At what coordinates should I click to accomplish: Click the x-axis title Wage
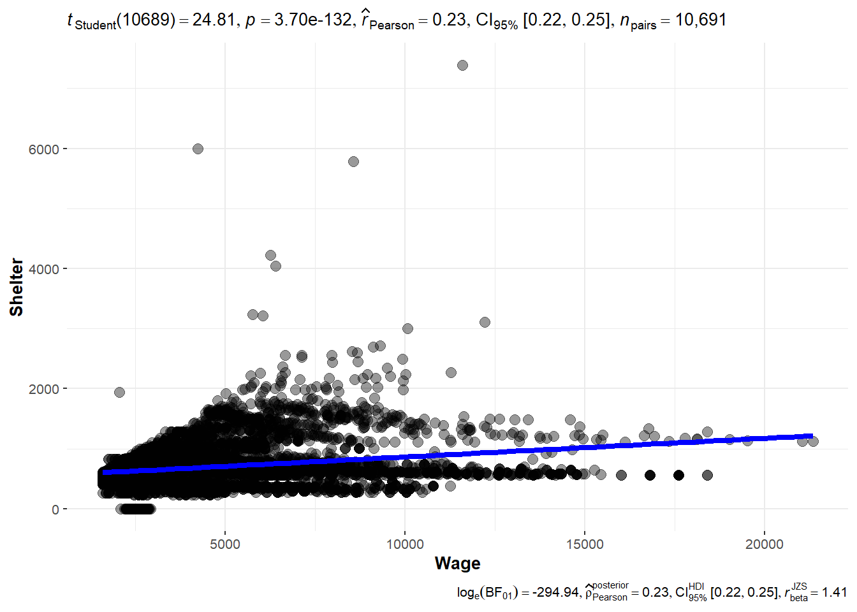pyautogui.click(x=457, y=564)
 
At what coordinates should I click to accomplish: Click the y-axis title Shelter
pyautogui.click(x=17, y=287)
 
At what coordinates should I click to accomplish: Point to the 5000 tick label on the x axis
pyautogui.click(x=225, y=544)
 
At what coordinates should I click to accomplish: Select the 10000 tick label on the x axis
pyautogui.click(x=405, y=544)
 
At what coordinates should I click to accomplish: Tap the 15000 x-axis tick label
pyautogui.click(x=585, y=544)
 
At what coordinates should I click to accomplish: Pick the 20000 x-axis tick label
pyautogui.click(x=765, y=544)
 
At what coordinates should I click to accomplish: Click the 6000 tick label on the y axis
pyautogui.click(x=44, y=149)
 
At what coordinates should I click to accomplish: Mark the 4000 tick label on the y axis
pyautogui.click(x=44, y=269)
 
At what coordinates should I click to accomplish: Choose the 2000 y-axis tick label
pyautogui.click(x=44, y=389)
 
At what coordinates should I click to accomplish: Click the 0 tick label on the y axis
pyautogui.click(x=55, y=509)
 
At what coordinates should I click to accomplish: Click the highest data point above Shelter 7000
pyautogui.click(x=462, y=65)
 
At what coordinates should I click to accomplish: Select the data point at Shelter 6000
pyautogui.click(x=198, y=149)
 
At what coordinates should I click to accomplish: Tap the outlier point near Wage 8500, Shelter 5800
pyautogui.click(x=353, y=161)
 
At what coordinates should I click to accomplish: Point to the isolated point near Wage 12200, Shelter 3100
pyautogui.click(x=485, y=322)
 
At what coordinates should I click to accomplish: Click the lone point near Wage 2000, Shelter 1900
pyautogui.click(x=119, y=392)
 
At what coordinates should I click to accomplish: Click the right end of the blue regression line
pyautogui.click(x=811, y=436)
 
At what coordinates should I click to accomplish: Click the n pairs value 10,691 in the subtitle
pyautogui.click(x=701, y=20)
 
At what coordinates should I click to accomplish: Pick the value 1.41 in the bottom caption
pyautogui.click(x=834, y=592)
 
